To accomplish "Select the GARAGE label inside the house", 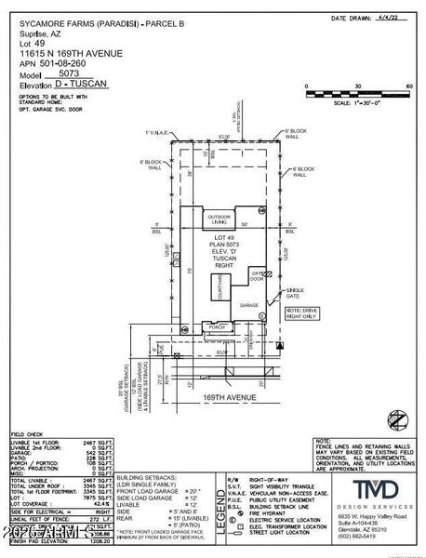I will (248, 304).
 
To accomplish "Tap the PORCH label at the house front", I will (218, 327).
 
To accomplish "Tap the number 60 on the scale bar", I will (408, 86).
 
